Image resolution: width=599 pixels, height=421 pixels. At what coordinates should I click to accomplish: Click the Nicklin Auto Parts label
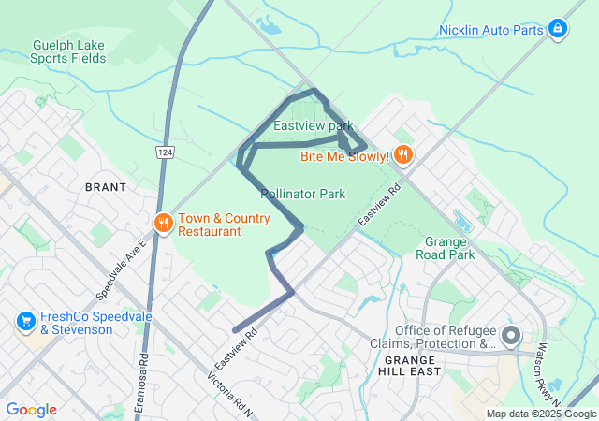(x=491, y=30)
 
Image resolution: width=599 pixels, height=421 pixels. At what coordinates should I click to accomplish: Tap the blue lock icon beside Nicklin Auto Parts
(x=558, y=30)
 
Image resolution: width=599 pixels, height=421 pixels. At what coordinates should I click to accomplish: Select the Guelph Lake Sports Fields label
(x=68, y=51)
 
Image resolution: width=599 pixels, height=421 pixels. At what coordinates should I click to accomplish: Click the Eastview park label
(x=313, y=125)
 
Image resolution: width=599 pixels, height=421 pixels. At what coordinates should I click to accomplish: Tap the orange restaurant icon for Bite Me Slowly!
(x=403, y=154)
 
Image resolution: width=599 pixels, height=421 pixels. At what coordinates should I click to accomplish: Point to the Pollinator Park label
(x=303, y=194)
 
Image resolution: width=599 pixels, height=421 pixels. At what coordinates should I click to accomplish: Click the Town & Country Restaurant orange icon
(x=163, y=223)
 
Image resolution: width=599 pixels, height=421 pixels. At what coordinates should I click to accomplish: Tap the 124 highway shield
(x=165, y=152)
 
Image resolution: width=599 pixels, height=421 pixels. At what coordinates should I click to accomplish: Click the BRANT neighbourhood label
(x=106, y=187)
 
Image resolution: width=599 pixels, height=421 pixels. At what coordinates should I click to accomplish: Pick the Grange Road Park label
(x=446, y=247)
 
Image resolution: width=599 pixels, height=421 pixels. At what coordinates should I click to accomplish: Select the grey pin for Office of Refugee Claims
(x=511, y=335)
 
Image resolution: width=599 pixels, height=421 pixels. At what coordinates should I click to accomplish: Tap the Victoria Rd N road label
(x=231, y=396)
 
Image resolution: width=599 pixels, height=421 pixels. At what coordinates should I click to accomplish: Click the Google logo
(x=31, y=410)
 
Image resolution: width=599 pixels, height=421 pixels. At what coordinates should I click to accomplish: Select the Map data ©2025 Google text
(x=541, y=414)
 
